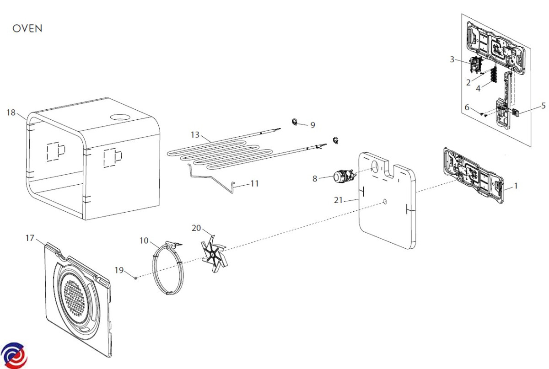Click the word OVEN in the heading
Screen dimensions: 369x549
(x=27, y=29)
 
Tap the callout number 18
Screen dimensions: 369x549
(x=11, y=112)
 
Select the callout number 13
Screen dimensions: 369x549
(x=195, y=134)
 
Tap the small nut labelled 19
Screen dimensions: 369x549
(x=136, y=277)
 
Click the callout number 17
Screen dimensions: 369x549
(x=30, y=238)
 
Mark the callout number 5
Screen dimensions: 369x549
(x=544, y=106)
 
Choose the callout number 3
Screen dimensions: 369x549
(x=452, y=59)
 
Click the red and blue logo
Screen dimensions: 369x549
(x=14, y=355)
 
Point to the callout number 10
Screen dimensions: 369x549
(x=144, y=241)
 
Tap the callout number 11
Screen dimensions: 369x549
(x=254, y=183)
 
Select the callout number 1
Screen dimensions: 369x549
(x=516, y=186)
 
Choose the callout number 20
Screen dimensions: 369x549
(x=196, y=228)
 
